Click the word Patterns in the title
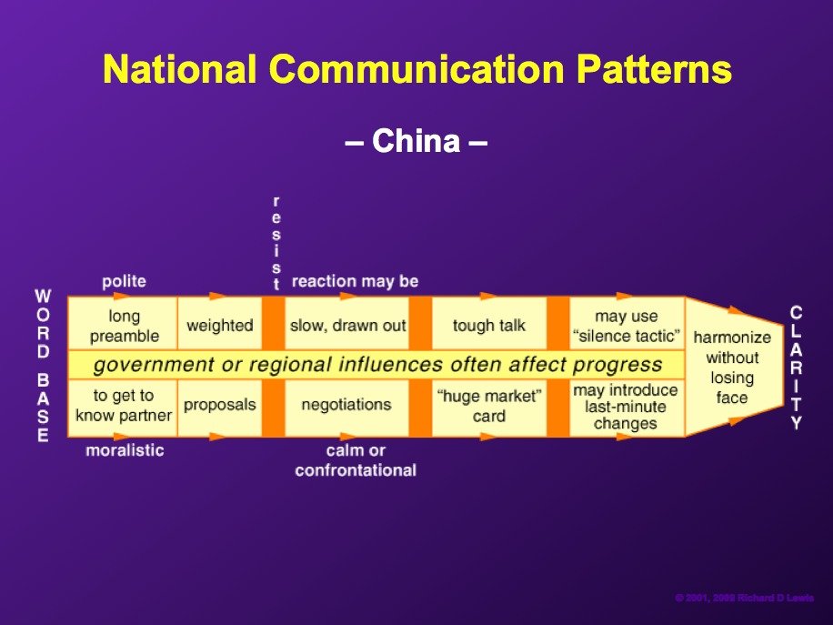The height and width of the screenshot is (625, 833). [x=654, y=69]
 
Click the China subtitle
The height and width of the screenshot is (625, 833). [x=416, y=141]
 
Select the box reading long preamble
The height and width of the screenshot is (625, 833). [x=123, y=323]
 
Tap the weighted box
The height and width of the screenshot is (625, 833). [x=220, y=323]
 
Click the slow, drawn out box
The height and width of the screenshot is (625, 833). [x=347, y=323]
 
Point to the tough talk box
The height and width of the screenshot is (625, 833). [x=489, y=323]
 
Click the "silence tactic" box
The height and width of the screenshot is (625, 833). [x=627, y=323]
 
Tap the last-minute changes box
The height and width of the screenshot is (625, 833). [x=627, y=408]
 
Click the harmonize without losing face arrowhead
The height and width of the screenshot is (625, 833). [x=733, y=367]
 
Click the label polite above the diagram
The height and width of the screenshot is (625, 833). [x=124, y=281]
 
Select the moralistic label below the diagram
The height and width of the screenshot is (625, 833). [x=125, y=450]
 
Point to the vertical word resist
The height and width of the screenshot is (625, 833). [x=276, y=243]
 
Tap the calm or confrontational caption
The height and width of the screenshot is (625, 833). [x=356, y=460]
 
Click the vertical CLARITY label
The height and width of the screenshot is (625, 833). [x=796, y=368]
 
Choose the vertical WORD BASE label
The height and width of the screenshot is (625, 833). [x=43, y=366]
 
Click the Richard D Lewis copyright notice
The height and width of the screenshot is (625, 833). [x=744, y=598]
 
